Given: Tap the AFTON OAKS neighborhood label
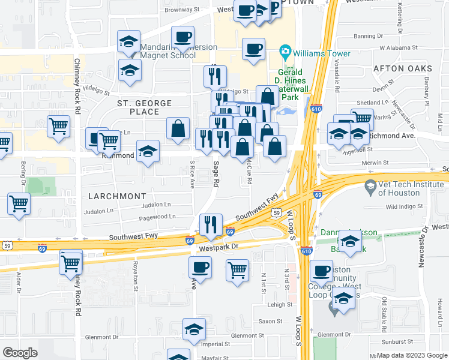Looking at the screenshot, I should pos(403,68).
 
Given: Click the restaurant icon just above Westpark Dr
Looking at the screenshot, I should pos(211,225).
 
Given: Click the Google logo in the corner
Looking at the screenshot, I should pos(20,353).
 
